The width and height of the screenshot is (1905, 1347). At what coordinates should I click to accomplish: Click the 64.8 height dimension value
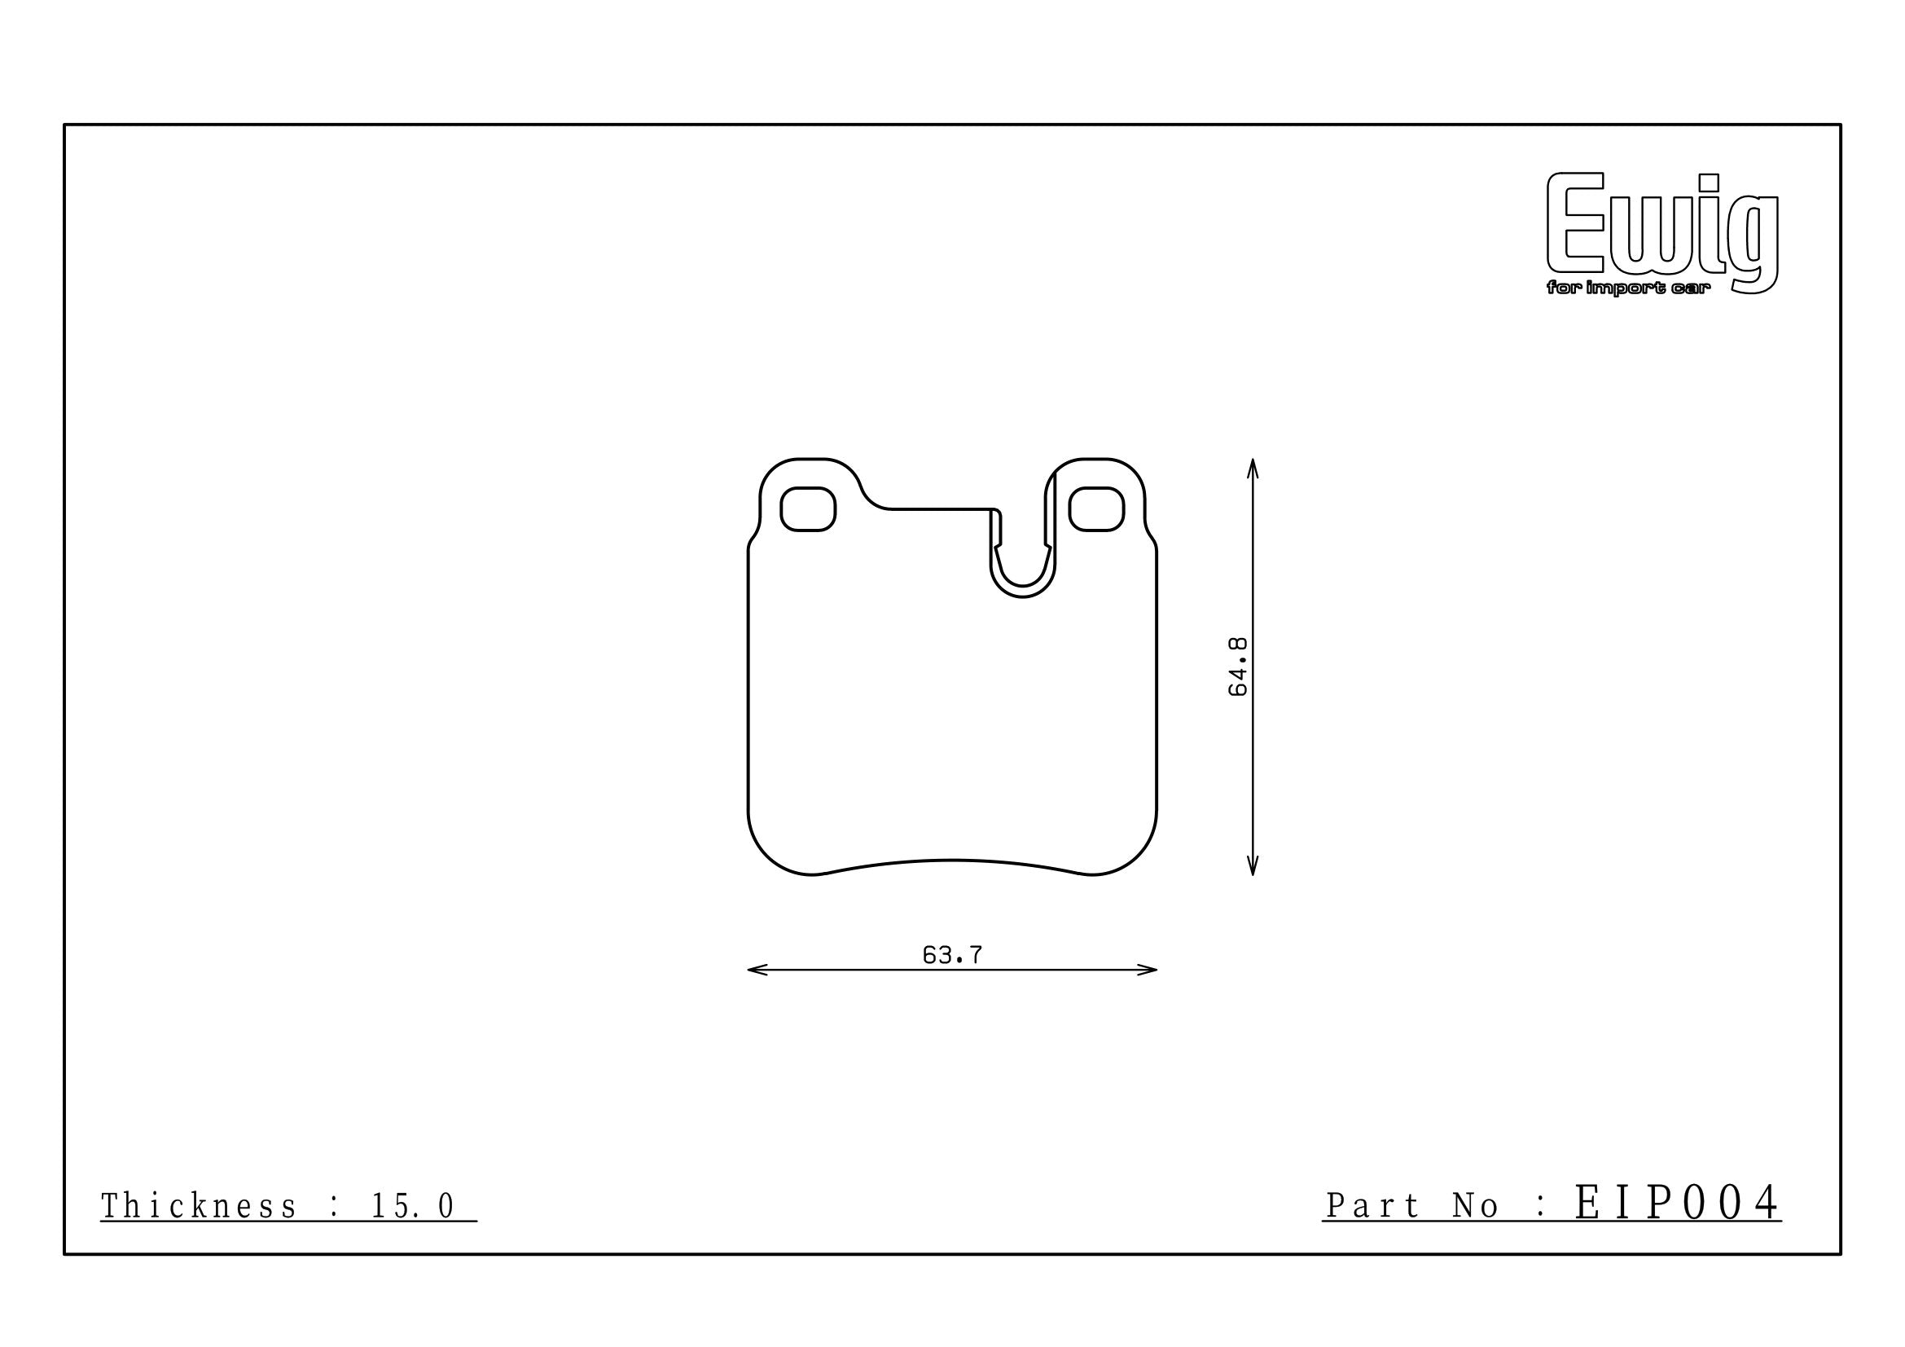[1238, 667]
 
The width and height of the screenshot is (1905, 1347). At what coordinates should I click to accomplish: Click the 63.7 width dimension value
[953, 955]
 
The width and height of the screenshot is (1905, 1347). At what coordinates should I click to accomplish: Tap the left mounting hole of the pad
[807, 508]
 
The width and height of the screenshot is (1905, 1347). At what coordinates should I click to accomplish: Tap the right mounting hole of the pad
[1096, 508]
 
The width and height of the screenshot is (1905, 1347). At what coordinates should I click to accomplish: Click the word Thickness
[198, 1206]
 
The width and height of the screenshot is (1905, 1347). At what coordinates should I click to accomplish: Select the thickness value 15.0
[412, 1206]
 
